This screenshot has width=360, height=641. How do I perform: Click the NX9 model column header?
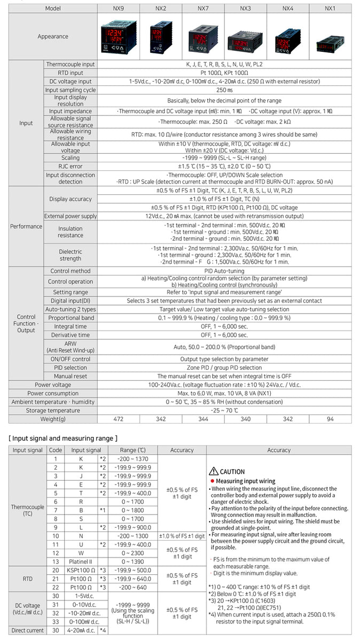coord(118,9)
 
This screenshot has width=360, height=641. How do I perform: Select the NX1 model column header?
coord(330,9)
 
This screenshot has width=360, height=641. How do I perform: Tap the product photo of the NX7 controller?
coord(203,37)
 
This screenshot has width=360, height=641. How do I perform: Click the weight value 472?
coord(118,419)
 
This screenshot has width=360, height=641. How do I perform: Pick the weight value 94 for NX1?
coord(330,419)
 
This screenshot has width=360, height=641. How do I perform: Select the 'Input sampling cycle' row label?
coord(71,90)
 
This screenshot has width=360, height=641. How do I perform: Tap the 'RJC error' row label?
coord(71,166)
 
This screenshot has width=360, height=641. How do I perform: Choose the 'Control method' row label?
coord(71,271)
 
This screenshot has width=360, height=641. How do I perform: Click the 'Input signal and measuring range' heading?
coord(63,438)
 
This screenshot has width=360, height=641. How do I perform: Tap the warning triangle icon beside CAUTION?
coord(214,472)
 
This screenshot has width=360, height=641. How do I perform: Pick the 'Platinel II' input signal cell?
coord(82,561)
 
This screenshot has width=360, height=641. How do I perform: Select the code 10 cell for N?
coord(56,536)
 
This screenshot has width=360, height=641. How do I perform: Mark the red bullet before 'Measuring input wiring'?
coord(212,481)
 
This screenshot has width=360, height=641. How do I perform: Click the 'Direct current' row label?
coord(28,630)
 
